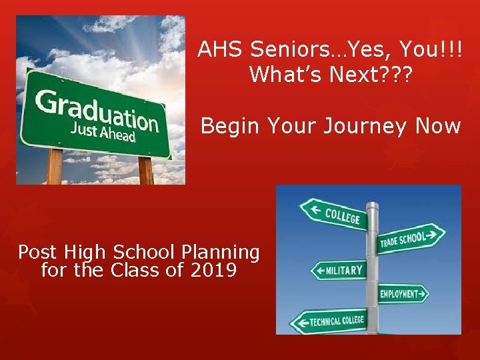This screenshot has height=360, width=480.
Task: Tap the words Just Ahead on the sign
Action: click(103, 132)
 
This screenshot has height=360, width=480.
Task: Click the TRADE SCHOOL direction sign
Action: click(410, 238)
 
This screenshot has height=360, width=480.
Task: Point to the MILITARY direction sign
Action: click(340, 270)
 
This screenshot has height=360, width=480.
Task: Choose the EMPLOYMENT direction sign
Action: click(403, 293)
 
